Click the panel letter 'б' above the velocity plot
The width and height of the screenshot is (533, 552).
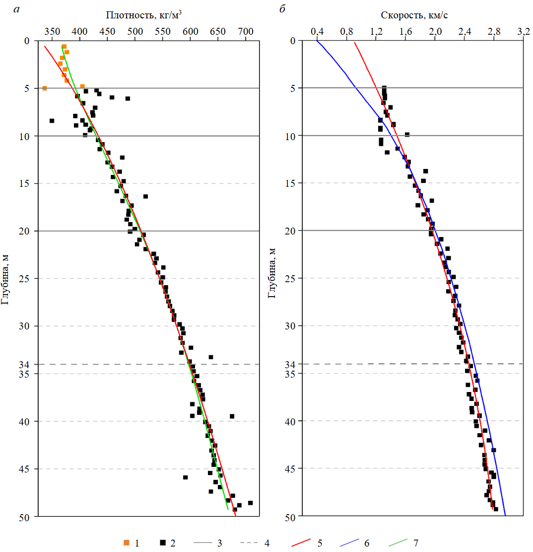[282, 9]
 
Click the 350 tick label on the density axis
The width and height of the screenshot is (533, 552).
[51, 32]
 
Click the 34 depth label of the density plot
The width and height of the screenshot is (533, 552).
[25, 364]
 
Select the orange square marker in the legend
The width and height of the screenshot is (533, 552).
[126, 543]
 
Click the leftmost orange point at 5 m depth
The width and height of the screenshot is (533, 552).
[45, 88]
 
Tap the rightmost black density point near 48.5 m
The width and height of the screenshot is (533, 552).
[250, 503]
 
